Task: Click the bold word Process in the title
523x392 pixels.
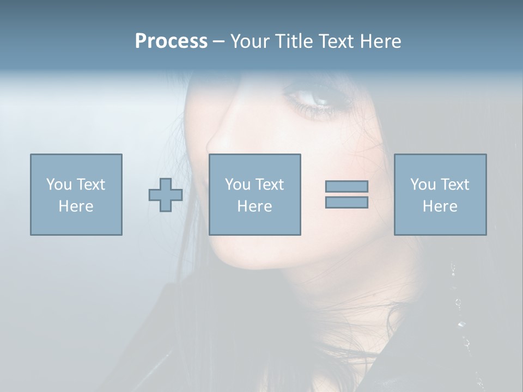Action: pos(171,41)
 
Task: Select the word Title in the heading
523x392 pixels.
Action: pos(291,41)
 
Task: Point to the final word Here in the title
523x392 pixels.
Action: pos(381,41)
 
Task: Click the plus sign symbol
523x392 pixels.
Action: pos(166,195)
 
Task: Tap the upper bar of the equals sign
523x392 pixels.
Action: pos(346,186)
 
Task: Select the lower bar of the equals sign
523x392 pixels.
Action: pos(346,203)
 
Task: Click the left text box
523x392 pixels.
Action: pos(76,194)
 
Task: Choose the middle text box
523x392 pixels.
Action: pos(255,194)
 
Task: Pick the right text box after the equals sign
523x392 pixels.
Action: pos(440,194)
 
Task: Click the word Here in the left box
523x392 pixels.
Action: pos(76,206)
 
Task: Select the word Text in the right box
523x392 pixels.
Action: pos(454,185)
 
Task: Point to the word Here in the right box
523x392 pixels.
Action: pos(440,206)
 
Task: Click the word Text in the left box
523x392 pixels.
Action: pos(90,185)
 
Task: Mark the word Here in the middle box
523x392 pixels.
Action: pos(255,206)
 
